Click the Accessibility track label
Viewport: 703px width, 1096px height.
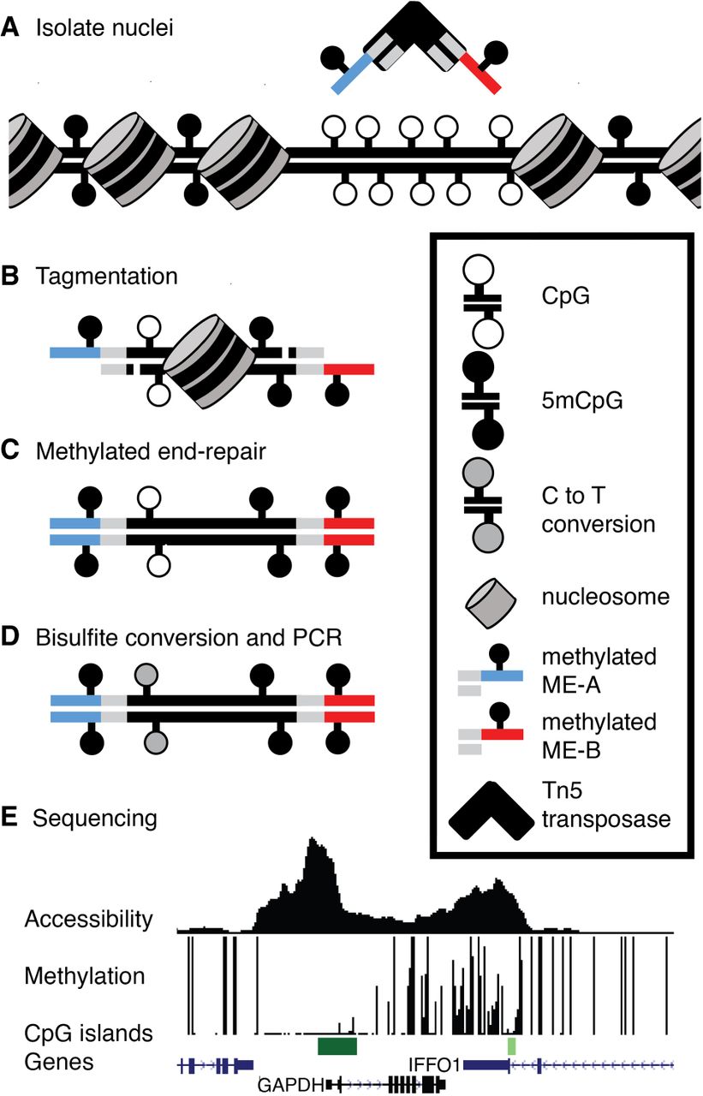[88, 920]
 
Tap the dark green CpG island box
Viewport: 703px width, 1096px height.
[337, 1045]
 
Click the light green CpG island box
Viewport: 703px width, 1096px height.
[512, 1045]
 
